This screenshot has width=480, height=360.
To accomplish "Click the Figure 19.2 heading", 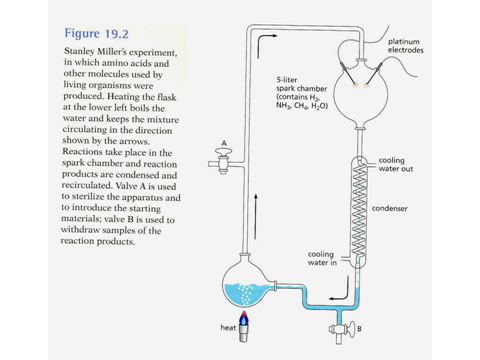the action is pos(96,33).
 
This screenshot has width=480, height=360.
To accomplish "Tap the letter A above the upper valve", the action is pos(224,143).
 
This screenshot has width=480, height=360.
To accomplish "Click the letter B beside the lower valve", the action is pos(359,329).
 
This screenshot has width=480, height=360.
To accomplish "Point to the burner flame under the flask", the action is pos(244,318).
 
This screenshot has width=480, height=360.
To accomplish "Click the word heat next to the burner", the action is pos(228,328).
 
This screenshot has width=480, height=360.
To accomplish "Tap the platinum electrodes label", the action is pos(405,46).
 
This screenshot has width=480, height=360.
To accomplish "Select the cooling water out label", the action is pos(396,165).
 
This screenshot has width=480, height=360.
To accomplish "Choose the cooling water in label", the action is pos(322,258).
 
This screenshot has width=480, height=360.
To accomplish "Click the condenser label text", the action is pos(390,209).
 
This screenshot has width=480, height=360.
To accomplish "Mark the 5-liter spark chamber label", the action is pos(302,93).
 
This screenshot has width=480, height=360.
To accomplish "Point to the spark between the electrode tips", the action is pos(361,85).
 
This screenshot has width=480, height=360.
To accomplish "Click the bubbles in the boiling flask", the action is pos(246,294).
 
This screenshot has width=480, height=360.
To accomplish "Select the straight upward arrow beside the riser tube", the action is pos(255,216).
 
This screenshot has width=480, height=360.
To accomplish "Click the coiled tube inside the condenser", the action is pos(358,209).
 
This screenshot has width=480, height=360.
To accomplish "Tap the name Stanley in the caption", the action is pos(80,52).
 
